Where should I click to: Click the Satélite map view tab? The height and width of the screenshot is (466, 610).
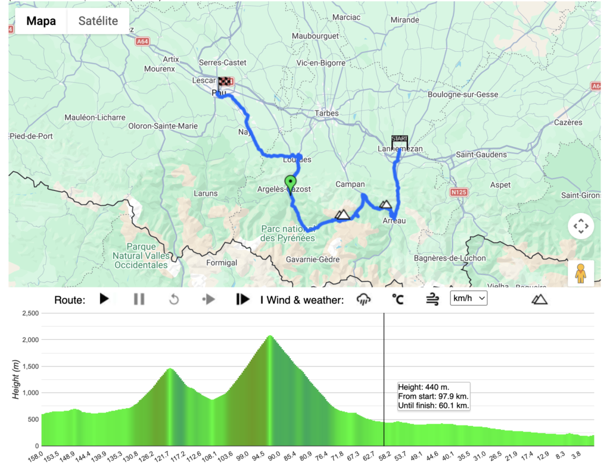pos(98,21)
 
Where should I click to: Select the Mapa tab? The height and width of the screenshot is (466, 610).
pos(41,21)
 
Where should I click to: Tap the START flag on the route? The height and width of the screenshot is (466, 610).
pos(400,141)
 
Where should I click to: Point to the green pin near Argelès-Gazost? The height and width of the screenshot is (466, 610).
pos(291,183)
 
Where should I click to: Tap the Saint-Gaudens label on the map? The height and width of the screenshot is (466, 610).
pos(481,155)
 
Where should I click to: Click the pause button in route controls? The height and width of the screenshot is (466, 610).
pos(139,299)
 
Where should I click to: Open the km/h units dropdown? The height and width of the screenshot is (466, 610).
pos(469,298)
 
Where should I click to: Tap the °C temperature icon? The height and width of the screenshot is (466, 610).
pos(397,299)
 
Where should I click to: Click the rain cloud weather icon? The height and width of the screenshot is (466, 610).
pos(363,299)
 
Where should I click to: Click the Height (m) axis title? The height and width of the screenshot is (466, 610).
pos(17,379)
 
